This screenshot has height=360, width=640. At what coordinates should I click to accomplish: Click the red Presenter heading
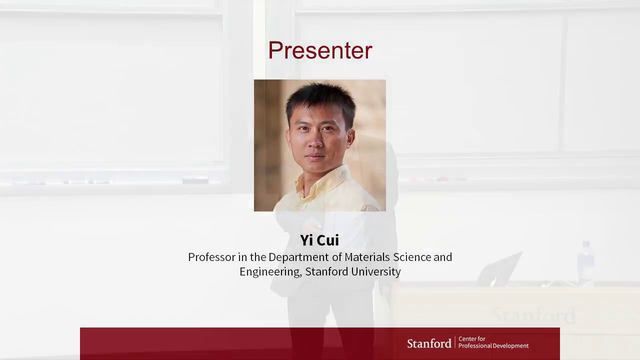(320, 50)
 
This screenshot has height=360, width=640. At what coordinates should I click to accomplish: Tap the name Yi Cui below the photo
(319, 240)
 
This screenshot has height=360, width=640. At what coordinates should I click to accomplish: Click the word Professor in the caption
(211, 257)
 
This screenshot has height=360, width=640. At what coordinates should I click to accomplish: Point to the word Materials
(366, 257)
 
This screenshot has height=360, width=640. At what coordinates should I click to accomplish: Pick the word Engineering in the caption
(270, 272)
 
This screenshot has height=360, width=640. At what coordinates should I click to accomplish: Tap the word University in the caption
(375, 271)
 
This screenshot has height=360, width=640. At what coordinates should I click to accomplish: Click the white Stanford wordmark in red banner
(429, 343)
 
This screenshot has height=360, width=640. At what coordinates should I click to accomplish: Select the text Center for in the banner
(471, 339)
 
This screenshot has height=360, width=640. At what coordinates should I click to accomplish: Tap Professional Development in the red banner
(493, 346)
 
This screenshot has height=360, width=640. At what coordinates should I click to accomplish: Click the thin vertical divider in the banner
(455, 342)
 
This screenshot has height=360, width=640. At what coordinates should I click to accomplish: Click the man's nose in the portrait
(316, 141)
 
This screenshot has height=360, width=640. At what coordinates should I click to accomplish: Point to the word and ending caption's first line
(442, 257)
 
